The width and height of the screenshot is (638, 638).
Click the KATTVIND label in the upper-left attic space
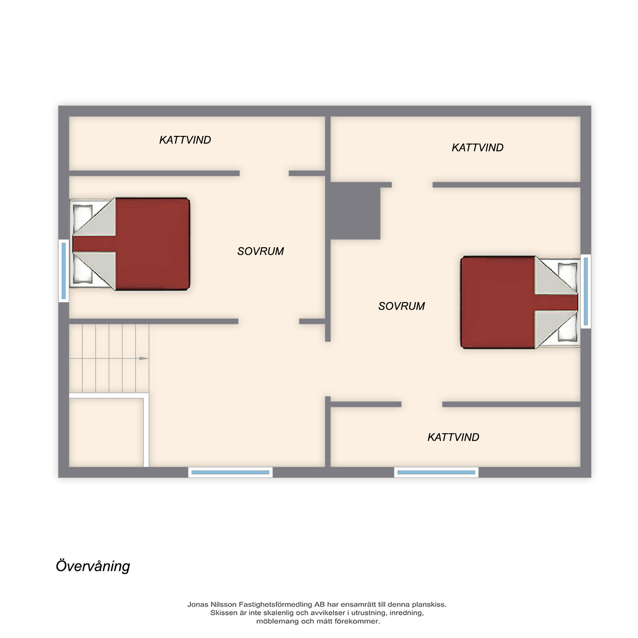[185, 140]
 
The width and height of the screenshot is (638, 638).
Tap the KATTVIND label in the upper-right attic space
[478, 148]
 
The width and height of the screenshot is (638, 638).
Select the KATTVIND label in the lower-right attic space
[453, 437]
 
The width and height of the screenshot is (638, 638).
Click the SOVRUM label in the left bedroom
[261, 251]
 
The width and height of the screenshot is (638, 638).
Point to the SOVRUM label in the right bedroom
[401, 306]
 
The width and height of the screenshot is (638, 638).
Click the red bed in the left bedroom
[130, 244]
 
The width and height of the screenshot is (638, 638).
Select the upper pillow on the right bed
[567, 274]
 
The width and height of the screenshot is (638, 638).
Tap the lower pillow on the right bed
[567, 330]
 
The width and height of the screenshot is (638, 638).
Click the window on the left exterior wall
[63, 271]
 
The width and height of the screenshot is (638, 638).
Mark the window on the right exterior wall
[585, 291]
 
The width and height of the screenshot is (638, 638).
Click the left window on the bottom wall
[230, 472]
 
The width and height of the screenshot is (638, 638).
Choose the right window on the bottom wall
[436, 472]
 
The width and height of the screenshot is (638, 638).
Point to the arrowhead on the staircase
[144, 358]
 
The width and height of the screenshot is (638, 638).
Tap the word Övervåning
[93, 566]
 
